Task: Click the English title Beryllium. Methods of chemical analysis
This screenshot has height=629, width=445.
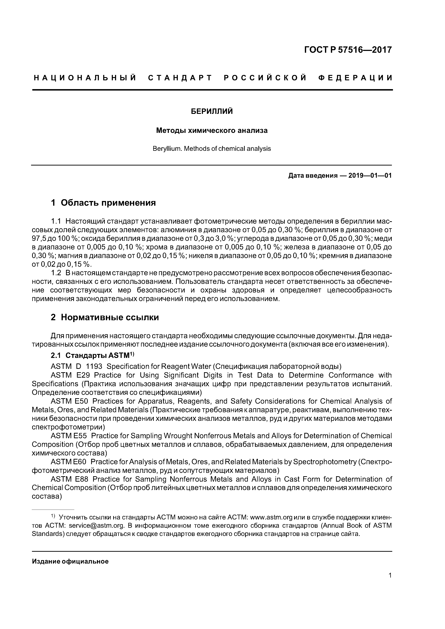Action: [x=212, y=149]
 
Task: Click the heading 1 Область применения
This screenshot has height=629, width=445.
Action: [x=103, y=203]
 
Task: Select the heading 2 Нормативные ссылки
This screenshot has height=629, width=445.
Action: [x=105, y=317]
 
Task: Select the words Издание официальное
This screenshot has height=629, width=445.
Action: [x=70, y=561]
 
